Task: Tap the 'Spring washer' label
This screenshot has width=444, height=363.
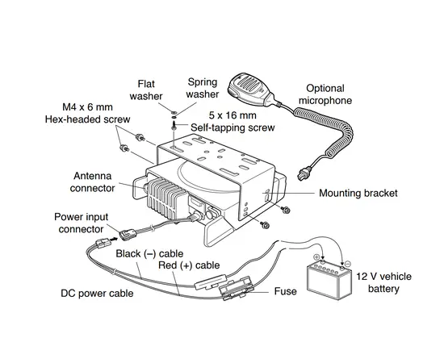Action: [203, 88]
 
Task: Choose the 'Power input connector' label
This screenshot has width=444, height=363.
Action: [82, 223]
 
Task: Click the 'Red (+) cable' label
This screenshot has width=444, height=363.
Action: [187, 265]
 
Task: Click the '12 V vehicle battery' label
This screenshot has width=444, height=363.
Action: [385, 282]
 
